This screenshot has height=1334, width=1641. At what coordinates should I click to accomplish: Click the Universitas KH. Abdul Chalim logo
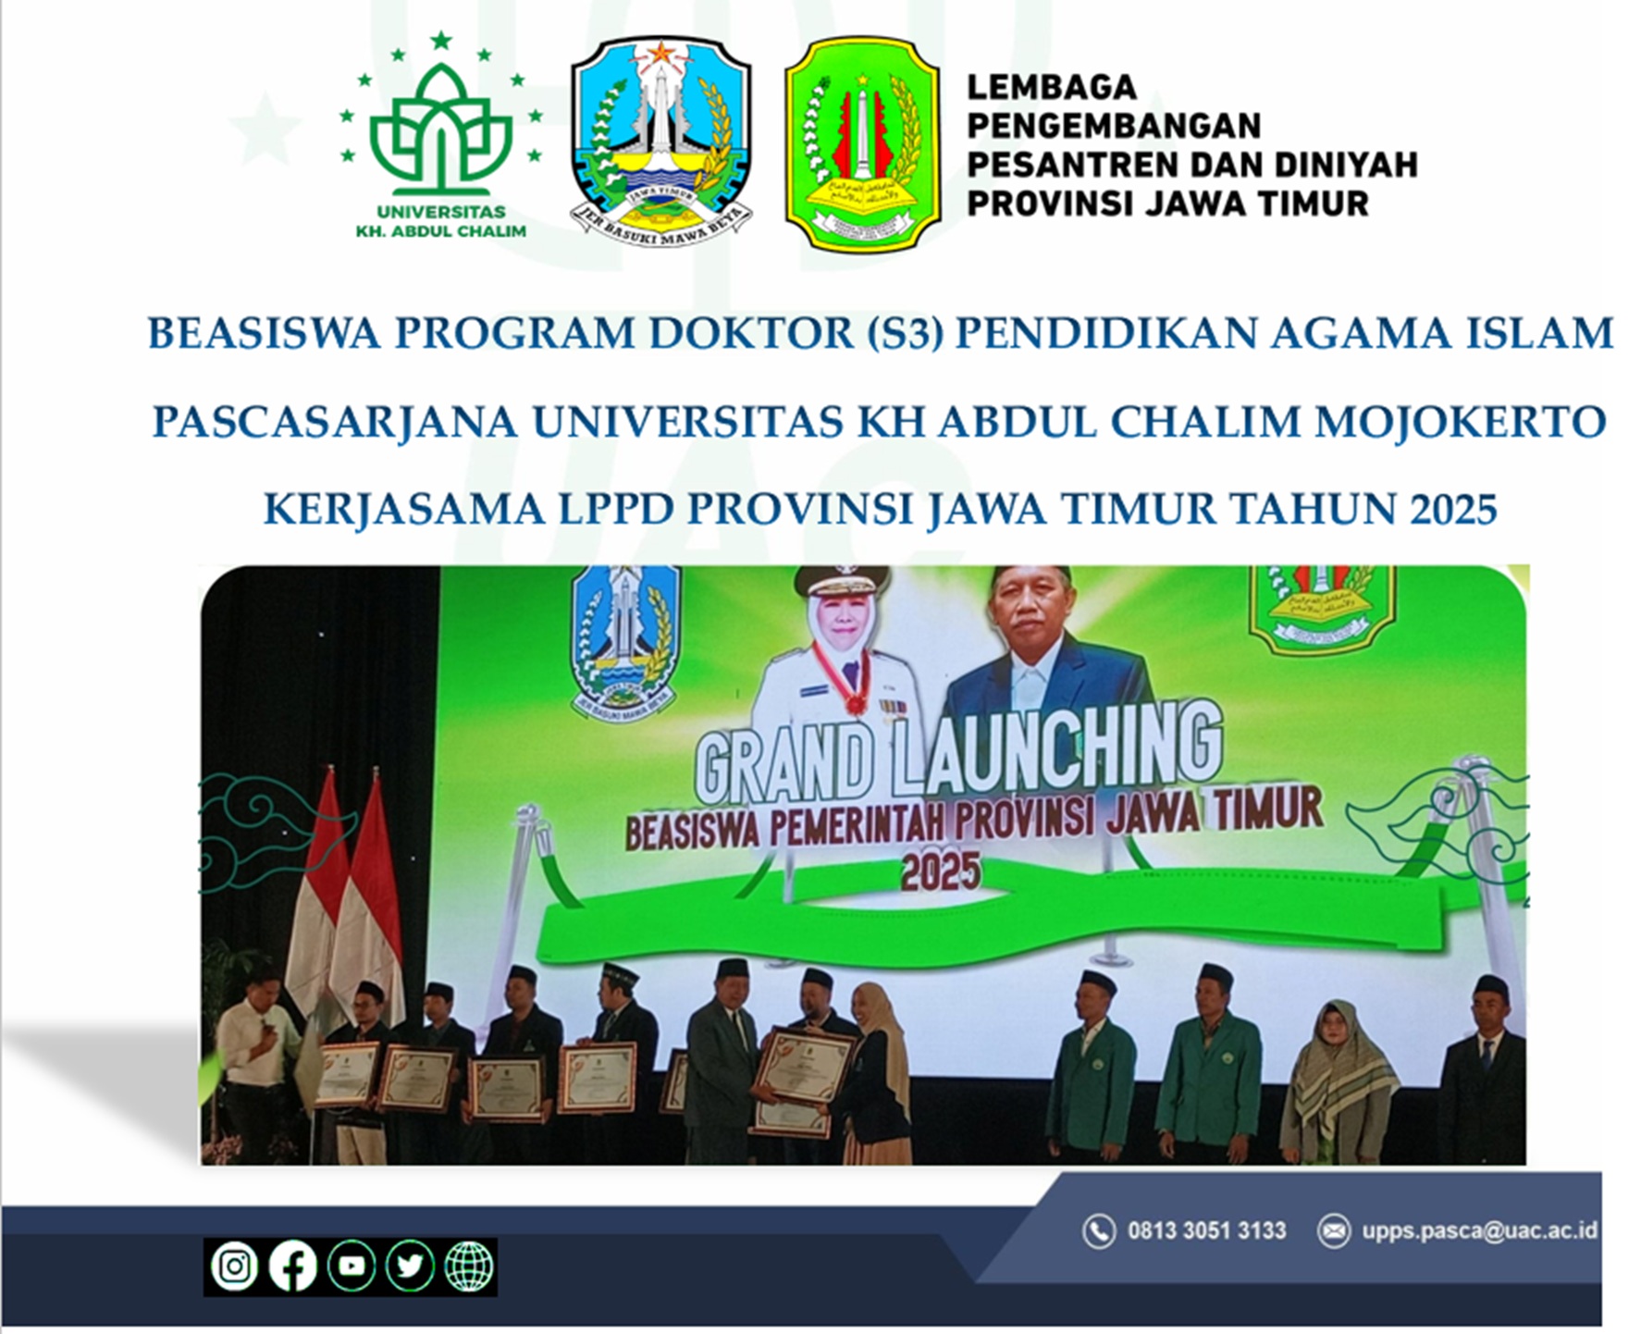pos(441,139)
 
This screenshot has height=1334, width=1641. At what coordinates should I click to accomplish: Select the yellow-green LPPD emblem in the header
pos(862,143)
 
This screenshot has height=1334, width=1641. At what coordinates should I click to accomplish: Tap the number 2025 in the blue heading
pos(1452,509)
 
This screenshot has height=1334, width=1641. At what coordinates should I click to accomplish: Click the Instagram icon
pos(234,1266)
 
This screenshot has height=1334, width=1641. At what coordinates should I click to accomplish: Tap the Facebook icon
pos(292,1266)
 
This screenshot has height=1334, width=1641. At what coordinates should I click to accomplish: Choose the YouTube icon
pos(352,1266)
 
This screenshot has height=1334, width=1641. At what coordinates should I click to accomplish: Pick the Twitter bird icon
pos(410,1266)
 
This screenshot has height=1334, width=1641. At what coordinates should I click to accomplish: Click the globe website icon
pos(469,1266)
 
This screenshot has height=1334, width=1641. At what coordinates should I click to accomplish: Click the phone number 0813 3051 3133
pos(1206,1230)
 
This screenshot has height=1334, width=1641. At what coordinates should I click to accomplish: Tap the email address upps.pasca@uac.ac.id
pos(1478,1230)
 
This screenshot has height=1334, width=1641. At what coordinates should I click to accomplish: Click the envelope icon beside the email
pos(1333,1230)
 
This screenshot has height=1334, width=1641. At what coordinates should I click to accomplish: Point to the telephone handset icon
pos(1099,1231)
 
